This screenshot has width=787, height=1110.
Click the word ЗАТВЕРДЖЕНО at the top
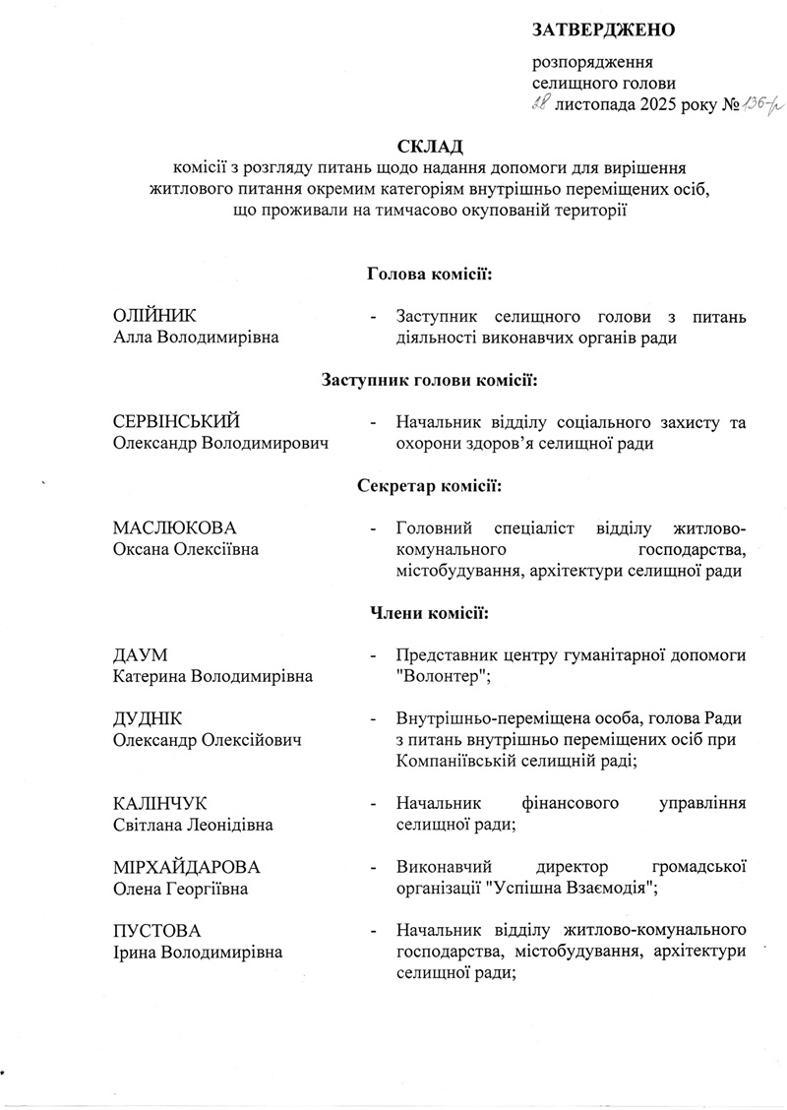(x=603, y=30)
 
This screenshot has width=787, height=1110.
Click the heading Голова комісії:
(x=429, y=272)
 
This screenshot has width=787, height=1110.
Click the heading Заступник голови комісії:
(x=429, y=379)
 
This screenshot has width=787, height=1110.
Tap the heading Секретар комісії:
(x=429, y=485)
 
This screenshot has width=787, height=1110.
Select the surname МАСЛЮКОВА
(x=175, y=528)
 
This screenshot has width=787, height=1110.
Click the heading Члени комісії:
(x=429, y=613)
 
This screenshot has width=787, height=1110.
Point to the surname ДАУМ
(x=141, y=655)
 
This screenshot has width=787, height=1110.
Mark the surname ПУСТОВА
(x=156, y=931)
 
